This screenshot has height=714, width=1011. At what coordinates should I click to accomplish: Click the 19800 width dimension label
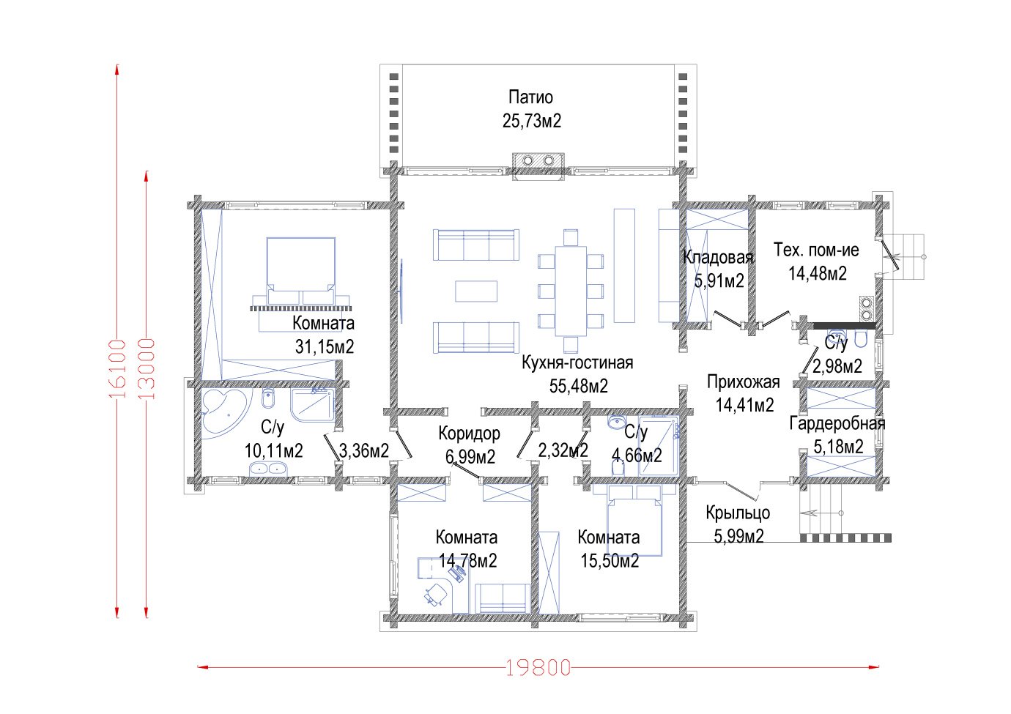point(538,668)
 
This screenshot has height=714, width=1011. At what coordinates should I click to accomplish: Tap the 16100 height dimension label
point(117,368)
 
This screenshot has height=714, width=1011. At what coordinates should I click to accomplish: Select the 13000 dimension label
point(147,368)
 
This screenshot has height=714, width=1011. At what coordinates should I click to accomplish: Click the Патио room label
point(530,97)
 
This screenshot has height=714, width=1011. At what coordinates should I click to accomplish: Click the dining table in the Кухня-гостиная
point(571,291)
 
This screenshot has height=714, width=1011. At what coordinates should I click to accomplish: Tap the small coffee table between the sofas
point(476,291)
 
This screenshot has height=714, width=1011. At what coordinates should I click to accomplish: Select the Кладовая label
point(718,258)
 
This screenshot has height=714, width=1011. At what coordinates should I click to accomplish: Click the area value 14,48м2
point(818,274)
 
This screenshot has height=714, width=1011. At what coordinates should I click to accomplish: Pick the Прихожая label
point(744,382)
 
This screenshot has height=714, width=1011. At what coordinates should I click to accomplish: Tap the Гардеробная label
point(837,423)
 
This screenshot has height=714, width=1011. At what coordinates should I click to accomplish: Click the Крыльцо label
point(738,513)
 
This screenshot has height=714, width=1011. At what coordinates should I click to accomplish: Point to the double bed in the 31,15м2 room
point(300,271)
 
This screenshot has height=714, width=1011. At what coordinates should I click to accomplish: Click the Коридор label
point(470,434)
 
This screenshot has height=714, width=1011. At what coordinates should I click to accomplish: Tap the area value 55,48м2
point(579,386)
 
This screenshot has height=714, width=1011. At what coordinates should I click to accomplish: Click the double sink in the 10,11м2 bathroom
point(268,469)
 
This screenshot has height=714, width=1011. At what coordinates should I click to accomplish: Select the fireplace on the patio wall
point(538,166)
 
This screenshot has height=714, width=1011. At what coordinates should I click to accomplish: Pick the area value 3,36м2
point(364,450)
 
